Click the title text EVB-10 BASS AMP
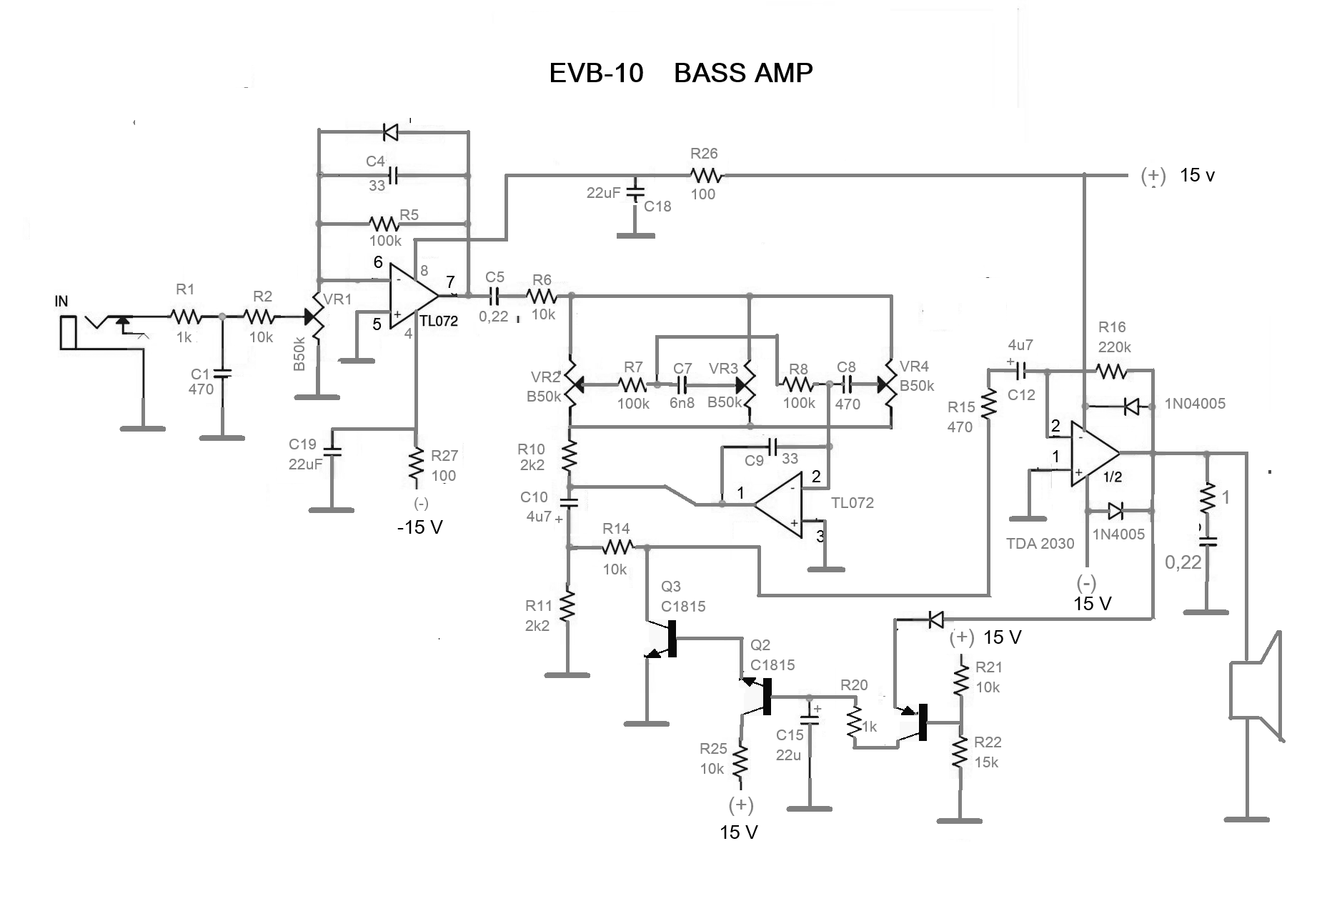680,73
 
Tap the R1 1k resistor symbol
186,316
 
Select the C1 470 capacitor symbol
222,372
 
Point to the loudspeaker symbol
1256,686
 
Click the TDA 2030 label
1040,544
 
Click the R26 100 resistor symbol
707,174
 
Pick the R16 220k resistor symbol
1112,371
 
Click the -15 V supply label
420,527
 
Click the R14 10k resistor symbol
617,547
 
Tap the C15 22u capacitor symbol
810,715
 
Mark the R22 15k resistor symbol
960,752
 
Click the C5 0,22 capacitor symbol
494,294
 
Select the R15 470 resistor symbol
989,404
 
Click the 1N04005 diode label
1195,404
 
